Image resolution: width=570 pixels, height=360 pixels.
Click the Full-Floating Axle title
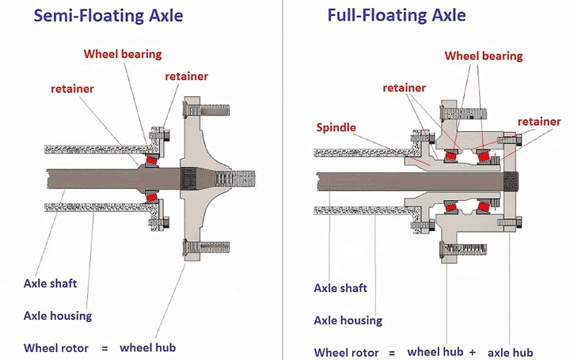(396, 15)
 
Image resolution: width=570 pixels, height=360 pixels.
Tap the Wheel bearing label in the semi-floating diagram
(123, 54)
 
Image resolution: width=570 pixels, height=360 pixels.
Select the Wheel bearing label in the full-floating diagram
(484, 55)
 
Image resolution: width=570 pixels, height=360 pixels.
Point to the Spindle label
(336, 127)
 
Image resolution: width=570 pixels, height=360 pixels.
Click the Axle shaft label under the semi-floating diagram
(51, 282)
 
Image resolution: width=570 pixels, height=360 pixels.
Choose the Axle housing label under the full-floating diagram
(348, 320)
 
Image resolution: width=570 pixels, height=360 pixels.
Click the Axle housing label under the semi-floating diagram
(58, 316)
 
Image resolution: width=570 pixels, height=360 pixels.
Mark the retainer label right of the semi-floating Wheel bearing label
(187, 76)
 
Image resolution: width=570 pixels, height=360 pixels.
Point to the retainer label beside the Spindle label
(405, 88)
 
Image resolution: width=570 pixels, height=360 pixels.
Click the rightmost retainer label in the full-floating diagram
(539, 121)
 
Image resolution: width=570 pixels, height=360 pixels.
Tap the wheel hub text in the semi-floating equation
(147, 347)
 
